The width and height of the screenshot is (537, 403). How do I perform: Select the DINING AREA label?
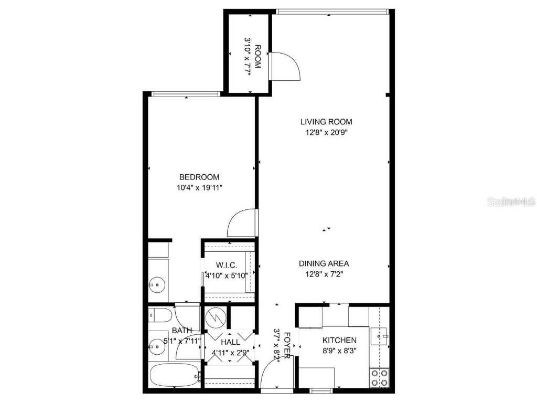[324, 263]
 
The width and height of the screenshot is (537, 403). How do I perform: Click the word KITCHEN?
[339, 341]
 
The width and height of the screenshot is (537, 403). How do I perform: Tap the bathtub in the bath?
[174, 376]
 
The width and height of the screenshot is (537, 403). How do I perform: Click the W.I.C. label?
[225, 264]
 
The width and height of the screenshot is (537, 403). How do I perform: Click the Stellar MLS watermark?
[511, 201]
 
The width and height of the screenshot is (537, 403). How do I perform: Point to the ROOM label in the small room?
[257, 57]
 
